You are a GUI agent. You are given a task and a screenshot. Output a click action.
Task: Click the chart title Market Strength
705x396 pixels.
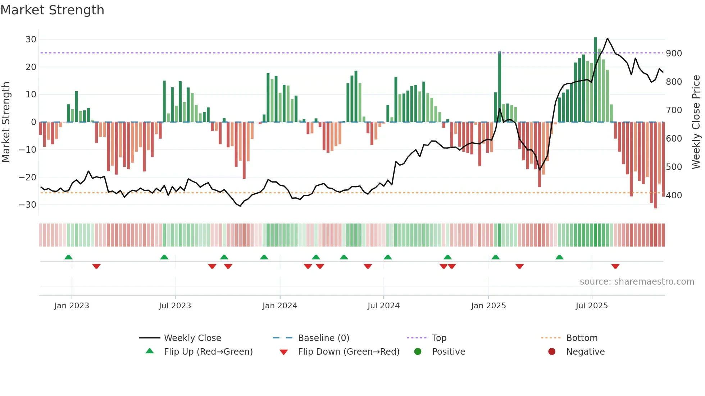[x=52, y=10]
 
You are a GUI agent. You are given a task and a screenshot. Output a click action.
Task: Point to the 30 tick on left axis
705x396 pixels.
[x=31, y=40]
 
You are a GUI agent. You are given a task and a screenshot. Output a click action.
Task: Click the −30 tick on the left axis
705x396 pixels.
[x=28, y=205]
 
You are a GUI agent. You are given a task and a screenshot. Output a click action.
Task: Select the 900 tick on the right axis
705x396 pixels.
[x=674, y=54]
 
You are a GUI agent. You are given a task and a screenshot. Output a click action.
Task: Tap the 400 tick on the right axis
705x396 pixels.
[x=674, y=195]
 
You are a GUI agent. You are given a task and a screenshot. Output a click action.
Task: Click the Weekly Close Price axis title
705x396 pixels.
[x=696, y=122]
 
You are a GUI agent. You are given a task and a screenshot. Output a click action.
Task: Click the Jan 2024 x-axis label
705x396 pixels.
[x=279, y=306]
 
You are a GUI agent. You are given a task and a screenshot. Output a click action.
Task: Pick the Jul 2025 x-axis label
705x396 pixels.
[x=591, y=306]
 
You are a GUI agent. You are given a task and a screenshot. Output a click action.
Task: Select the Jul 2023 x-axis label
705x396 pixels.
[x=175, y=306]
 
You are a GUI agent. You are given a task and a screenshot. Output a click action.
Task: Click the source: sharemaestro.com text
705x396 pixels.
[x=637, y=282]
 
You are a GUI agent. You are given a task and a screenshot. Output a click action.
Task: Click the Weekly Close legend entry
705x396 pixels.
[x=192, y=338]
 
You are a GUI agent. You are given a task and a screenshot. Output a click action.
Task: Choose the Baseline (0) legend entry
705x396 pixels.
[x=323, y=338]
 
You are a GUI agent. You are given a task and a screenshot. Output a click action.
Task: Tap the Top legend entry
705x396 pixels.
[x=439, y=338]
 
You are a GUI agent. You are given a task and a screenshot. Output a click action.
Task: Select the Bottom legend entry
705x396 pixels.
[x=582, y=338]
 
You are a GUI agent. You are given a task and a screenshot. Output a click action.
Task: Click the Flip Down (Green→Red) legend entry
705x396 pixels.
[x=349, y=352]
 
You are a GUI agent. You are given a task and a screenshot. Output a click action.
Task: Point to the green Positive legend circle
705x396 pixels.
[x=418, y=352]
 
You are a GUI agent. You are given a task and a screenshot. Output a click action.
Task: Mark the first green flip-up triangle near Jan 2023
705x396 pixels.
[x=68, y=257]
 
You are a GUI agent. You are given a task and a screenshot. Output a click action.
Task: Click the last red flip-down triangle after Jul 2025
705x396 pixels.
[x=615, y=266]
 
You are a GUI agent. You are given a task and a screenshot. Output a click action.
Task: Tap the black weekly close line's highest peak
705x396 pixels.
[x=608, y=38]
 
